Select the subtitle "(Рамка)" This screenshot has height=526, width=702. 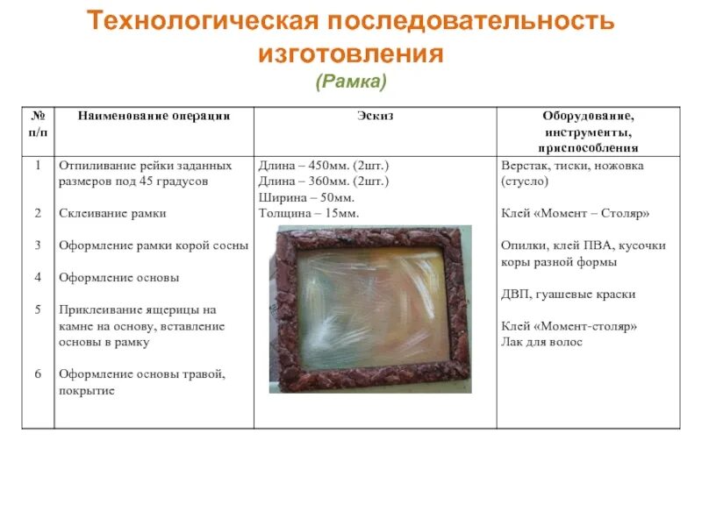(x=351, y=82)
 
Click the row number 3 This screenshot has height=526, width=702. (x=38, y=245)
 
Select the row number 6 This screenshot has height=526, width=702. (x=38, y=374)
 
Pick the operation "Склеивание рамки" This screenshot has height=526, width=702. (x=112, y=213)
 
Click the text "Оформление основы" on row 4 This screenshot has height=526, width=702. (x=118, y=278)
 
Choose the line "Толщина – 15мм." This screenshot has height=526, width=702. (x=309, y=213)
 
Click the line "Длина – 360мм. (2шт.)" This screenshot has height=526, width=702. (x=324, y=181)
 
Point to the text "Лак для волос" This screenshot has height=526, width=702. (x=541, y=342)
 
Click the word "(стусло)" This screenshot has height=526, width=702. (x=526, y=181)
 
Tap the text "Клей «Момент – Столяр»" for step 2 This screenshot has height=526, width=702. (x=576, y=213)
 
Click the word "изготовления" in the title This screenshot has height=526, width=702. (x=351, y=54)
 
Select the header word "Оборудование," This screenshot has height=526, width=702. (x=588, y=117)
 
